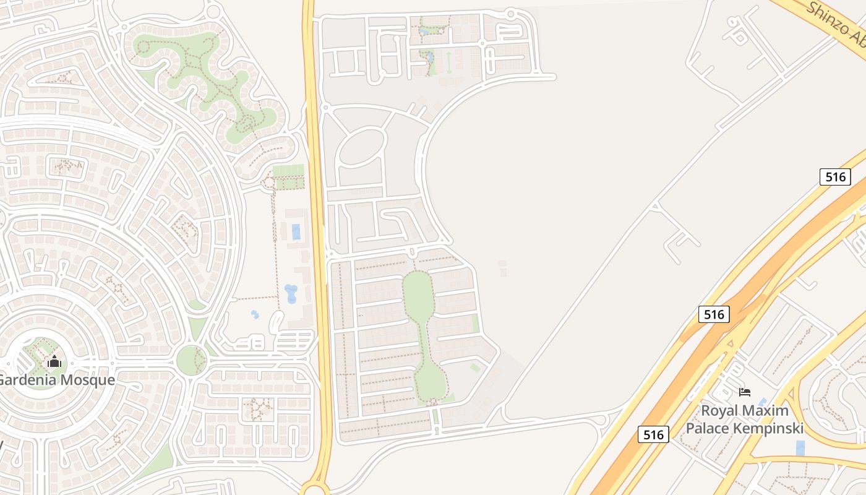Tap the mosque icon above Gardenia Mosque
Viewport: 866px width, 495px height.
54,361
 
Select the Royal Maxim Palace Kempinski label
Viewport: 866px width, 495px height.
745,419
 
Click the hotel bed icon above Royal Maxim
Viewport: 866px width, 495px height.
745,392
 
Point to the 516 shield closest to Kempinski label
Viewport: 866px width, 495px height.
653,434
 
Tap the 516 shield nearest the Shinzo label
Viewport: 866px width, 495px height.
834,177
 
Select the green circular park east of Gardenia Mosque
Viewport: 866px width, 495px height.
191,360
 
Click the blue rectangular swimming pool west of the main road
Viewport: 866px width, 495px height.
296,232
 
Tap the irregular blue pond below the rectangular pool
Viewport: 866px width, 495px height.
290,293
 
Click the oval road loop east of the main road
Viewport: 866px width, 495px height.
361,146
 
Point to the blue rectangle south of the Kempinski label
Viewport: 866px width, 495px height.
801,448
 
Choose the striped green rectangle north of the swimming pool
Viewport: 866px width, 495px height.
288,171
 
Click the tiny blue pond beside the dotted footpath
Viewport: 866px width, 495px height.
255,314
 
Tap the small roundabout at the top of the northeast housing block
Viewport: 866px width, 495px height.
511,14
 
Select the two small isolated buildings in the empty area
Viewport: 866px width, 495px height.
502,267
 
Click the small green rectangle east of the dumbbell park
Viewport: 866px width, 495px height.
475,323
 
